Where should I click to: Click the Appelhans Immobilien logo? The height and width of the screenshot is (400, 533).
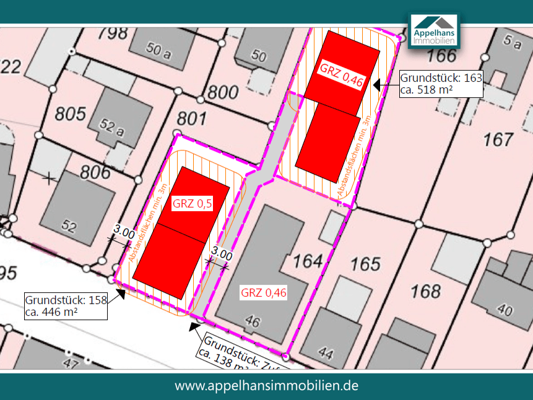[x=434, y=30]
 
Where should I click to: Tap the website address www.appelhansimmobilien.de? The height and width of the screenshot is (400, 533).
[x=266, y=385]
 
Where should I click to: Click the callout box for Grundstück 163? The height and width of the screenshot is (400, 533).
[x=441, y=84]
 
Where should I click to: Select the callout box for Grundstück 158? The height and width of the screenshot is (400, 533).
[x=66, y=306]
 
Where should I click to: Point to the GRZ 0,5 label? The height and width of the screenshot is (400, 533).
[x=193, y=204]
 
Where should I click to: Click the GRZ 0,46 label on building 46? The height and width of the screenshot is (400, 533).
[x=264, y=293]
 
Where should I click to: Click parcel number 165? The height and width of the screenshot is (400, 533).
[x=365, y=264]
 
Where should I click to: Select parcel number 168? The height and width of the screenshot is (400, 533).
[x=426, y=290]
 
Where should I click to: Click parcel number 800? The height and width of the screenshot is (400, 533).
[x=223, y=93]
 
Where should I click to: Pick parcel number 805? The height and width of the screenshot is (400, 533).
[x=70, y=114]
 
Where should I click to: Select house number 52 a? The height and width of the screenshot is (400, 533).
[x=111, y=128]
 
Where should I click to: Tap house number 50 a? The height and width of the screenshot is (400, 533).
[x=158, y=51]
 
